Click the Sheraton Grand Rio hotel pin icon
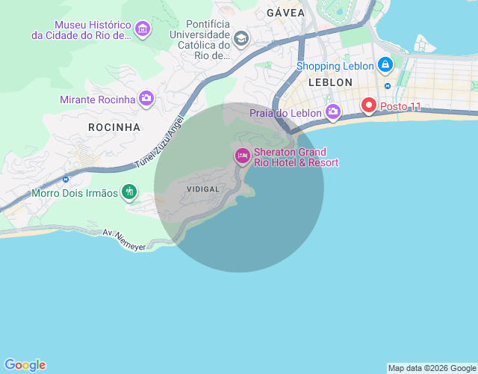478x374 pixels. coord(242,156)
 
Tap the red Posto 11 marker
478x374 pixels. coord(369,105)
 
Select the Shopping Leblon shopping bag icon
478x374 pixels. coord(385,66)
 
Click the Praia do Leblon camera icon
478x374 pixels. coord(332,113)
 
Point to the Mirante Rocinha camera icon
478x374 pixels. coord(146,99)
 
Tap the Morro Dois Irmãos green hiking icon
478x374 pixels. coord(129,193)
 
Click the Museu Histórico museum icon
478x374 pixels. coord(143,30)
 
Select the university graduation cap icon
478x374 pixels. coord(241,38)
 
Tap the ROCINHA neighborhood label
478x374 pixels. coord(114,127)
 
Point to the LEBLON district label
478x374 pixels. coord(329,82)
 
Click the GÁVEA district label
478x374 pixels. coord(286,13)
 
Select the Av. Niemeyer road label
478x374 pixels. coord(124,239)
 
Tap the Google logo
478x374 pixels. coord(25,365)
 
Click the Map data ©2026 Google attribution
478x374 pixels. coord(432,368)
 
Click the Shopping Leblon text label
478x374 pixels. coord(335,66)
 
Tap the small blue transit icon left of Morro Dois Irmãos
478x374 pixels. coord(66,179)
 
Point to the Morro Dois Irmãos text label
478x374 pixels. coord(75,193)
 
